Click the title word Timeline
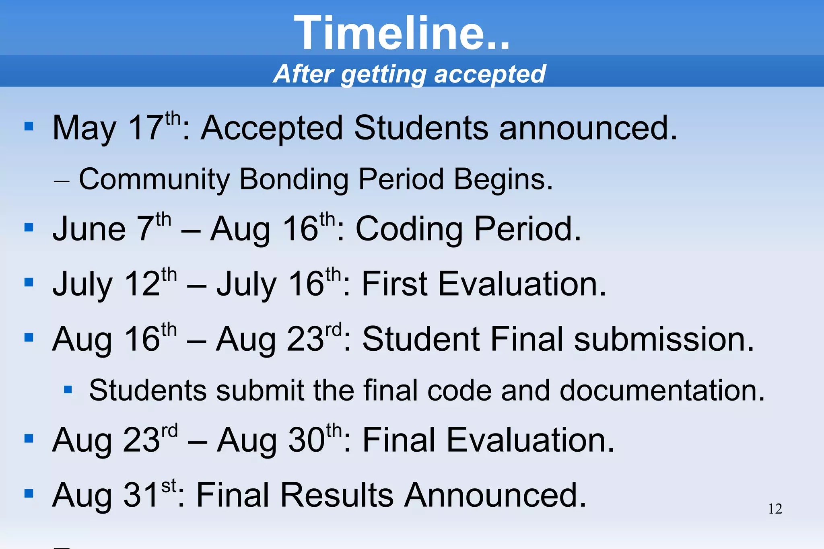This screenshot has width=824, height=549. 402,33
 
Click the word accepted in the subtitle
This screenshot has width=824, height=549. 490,74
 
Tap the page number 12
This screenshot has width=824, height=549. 775,509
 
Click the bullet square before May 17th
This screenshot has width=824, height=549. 29,127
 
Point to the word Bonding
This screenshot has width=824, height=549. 294,179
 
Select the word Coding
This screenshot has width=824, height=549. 409,229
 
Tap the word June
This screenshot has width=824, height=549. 89,229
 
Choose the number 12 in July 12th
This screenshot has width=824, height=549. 142,284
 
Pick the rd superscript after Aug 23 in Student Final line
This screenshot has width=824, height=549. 334,330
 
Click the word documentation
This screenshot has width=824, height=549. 662,391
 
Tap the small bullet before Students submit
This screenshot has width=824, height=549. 68,389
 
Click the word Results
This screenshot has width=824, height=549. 337,495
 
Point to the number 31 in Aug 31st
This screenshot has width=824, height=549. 140,495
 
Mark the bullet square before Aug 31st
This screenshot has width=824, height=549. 29,493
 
